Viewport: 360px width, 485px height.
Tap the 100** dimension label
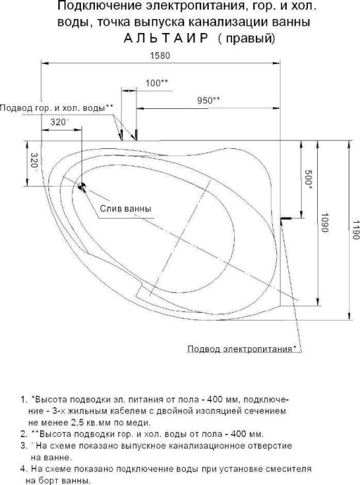(x=156, y=83)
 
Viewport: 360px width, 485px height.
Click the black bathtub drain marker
(x=82, y=187)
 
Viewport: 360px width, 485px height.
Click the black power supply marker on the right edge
(x=285, y=219)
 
